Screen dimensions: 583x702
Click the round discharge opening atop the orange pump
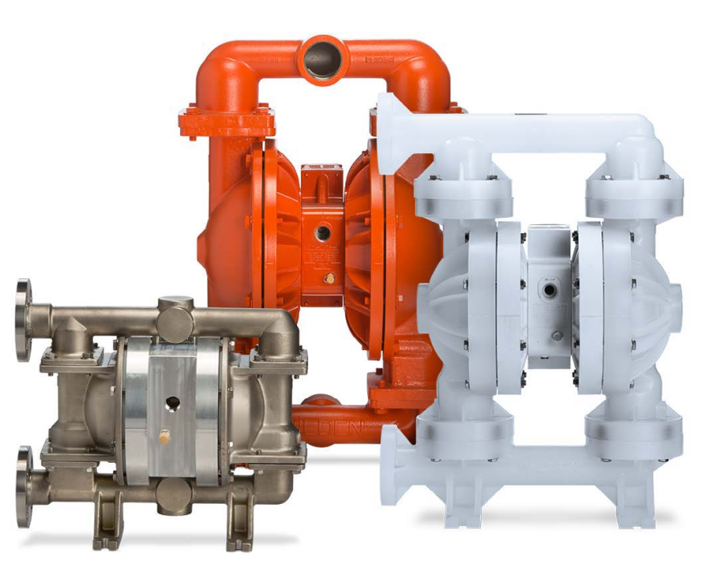324,59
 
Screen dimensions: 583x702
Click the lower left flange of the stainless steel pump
23,475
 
